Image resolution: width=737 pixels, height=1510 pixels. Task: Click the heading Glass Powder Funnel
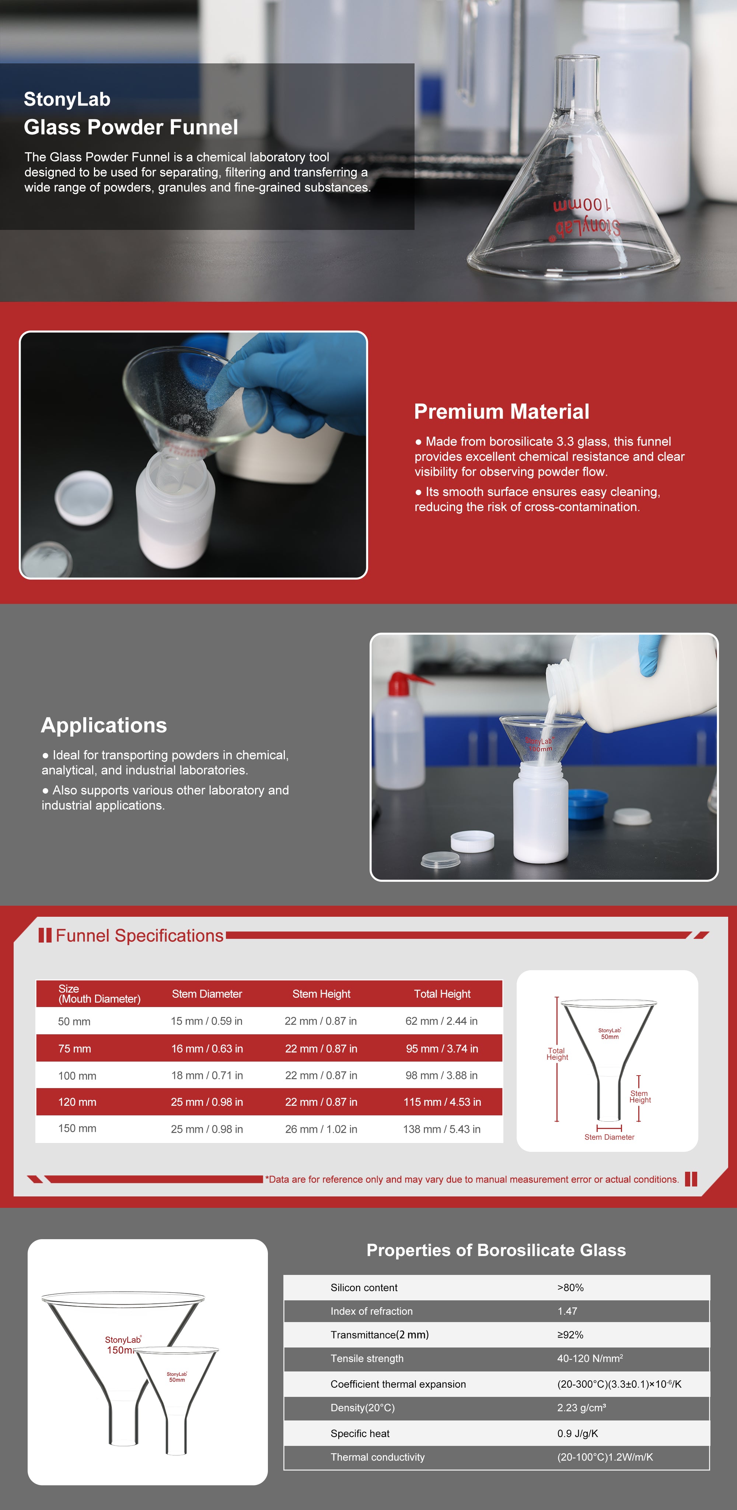point(131,127)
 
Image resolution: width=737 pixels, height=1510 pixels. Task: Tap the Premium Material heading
point(501,412)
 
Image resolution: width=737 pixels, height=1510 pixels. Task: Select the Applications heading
point(104,726)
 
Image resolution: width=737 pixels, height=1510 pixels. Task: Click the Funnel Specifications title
point(140,936)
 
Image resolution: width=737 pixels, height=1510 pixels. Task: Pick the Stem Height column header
point(321,993)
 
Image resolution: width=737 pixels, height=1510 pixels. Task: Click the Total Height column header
point(442,993)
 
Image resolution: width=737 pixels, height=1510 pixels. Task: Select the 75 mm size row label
point(74,1049)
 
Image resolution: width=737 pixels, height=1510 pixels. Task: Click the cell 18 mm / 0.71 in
point(207,1075)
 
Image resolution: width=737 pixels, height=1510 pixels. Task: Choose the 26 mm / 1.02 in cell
point(321,1129)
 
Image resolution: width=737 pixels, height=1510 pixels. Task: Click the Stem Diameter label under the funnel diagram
point(609,1137)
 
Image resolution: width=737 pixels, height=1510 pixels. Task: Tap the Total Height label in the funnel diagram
point(557,1054)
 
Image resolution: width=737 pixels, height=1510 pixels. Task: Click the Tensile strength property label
point(367,1358)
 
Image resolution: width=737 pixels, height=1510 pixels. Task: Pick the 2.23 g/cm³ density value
point(581,1408)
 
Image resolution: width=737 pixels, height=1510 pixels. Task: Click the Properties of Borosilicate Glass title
point(496,1250)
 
